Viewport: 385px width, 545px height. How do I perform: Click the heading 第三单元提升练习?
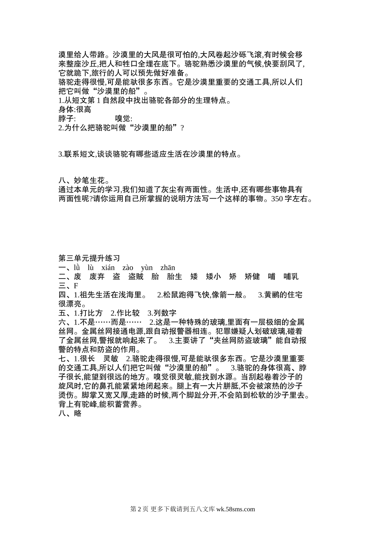click(89, 258)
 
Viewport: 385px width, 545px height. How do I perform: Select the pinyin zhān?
click(168, 268)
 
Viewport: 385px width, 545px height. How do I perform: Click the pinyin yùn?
click(147, 268)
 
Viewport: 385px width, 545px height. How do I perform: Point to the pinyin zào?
click(128, 268)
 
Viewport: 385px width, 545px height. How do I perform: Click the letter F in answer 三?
click(76, 286)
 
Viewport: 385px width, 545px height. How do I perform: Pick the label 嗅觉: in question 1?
click(124, 119)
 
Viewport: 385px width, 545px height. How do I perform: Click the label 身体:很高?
click(75, 109)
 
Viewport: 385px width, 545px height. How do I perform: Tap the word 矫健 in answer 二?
click(252, 277)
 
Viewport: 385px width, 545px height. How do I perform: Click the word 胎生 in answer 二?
click(174, 277)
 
